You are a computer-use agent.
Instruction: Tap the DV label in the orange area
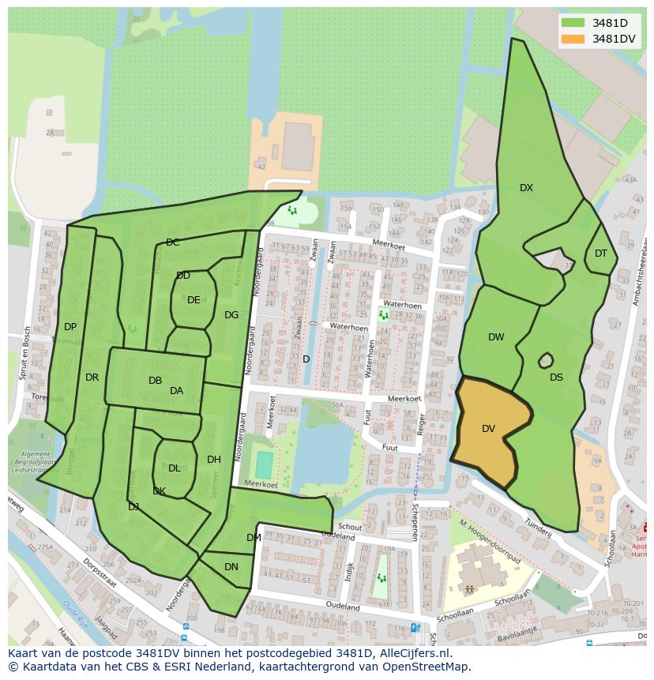pos(488,429)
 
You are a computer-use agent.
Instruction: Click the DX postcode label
pos(526,188)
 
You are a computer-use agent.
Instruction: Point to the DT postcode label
pos(601,254)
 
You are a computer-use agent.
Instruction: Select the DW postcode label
pos(495,337)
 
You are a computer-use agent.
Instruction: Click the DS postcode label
pos(556,378)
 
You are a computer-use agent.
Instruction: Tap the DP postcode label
pos(70,327)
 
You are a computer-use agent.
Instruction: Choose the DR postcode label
pos(92,378)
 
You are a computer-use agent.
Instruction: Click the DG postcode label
pos(231,315)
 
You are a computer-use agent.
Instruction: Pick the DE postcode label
pos(194,300)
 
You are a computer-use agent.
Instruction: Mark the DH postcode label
pos(213,460)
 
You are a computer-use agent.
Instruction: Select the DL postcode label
pos(175,468)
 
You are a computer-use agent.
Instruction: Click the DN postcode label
pos(231,567)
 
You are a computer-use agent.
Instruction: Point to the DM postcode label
pos(253,538)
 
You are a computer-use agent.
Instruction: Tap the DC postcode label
pos(172,242)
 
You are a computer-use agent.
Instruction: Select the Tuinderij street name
pos(537,527)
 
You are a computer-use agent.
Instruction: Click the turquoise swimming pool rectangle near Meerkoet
pos(264,464)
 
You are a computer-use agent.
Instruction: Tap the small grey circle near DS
pos(545,361)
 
